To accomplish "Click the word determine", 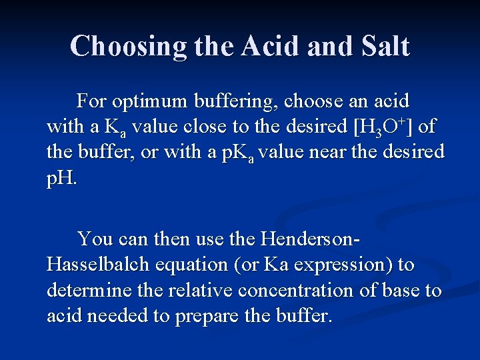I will coord(89,291).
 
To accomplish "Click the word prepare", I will coord(209,316).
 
